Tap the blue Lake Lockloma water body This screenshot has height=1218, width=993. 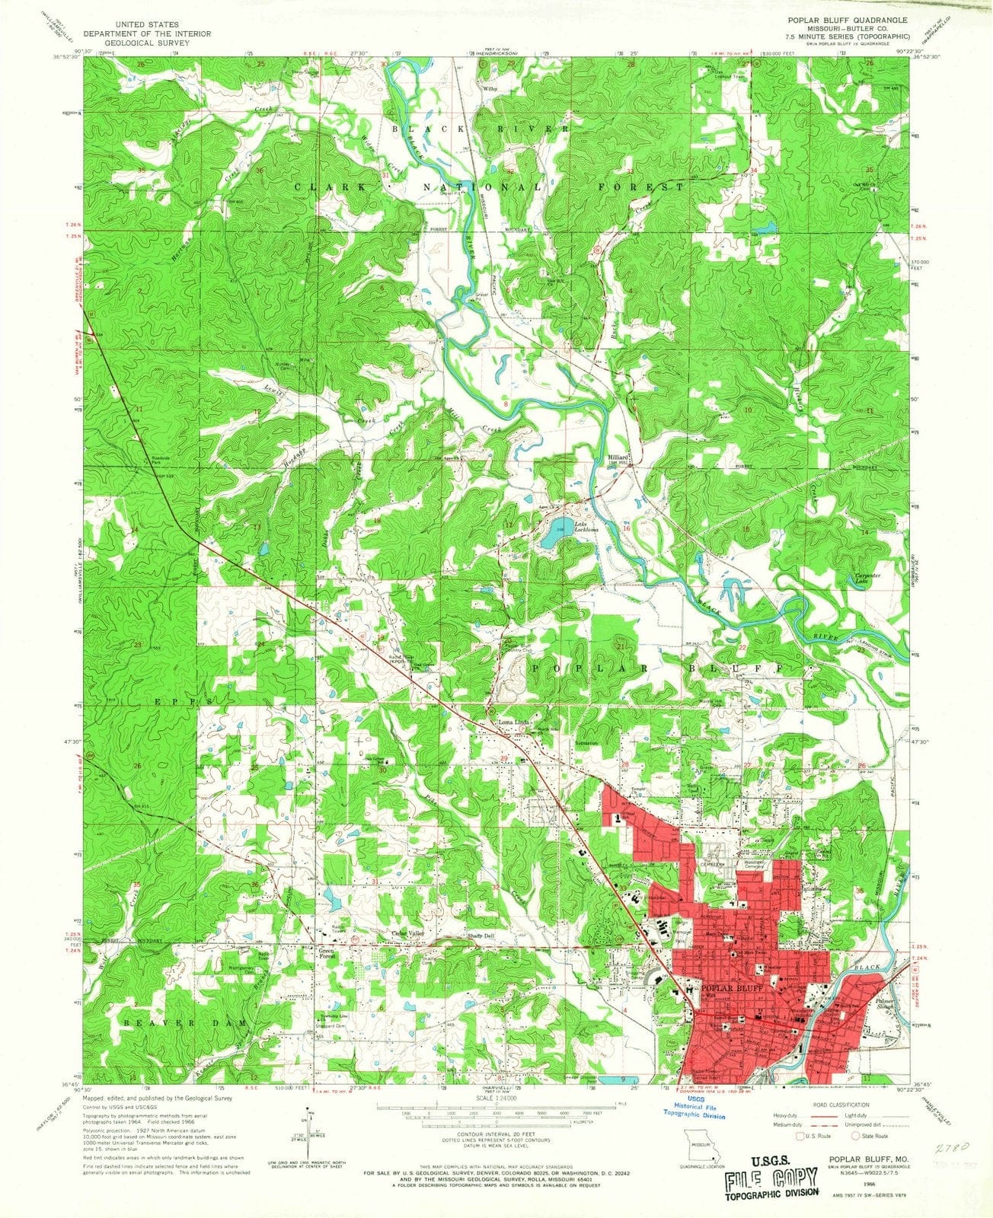(x=555, y=537)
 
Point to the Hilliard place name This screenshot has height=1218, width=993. (x=617, y=458)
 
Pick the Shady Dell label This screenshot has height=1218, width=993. (x=481, y=935)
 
